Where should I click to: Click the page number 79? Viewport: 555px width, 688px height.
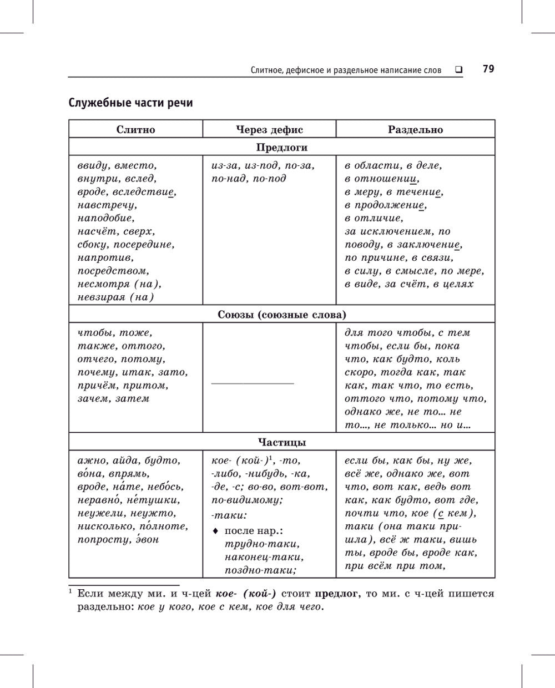coord(488,69)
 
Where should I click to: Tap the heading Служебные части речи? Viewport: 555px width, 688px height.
coord(130,103)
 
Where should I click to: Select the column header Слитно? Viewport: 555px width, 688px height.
coord(135,130)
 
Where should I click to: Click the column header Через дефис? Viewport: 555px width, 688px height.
coord(269,130)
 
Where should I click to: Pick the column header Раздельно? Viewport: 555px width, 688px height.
coord(415,130)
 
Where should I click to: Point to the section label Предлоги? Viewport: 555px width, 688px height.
coord(281,148)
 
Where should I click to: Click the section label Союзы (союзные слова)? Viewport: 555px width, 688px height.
coord(281,315)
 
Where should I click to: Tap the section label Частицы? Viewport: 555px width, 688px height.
coord(281,443)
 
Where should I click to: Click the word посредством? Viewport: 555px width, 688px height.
coord(113,271)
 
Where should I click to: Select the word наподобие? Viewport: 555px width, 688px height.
coord(106,219)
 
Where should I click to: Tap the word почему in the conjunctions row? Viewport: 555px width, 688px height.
coord(97,372)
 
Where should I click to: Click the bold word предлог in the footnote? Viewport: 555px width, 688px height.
coord(336,594)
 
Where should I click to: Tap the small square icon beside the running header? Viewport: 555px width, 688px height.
coord(459,70)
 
